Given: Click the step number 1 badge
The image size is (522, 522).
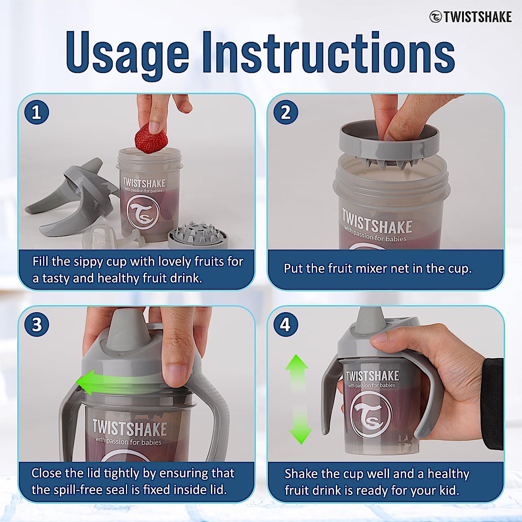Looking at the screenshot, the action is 36,112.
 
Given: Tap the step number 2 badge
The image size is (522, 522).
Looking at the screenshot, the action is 285,112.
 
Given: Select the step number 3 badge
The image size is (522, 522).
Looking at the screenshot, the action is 36,324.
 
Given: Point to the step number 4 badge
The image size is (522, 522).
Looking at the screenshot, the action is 285,324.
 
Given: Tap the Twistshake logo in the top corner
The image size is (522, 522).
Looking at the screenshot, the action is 471,17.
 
